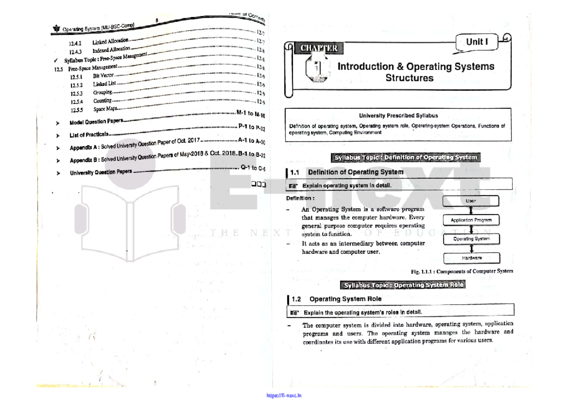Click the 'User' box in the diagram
tap(470, 201)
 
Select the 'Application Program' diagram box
tap(471, 220)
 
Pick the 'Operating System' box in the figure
tap(471, 239)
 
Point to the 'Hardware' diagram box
tap(471, 258)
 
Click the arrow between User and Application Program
tap(471, 210)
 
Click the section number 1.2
tap(297, 299)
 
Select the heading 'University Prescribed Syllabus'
tap(398, 115)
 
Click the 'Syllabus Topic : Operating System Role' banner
tap(403, 285)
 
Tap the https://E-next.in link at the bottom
tap(284, 396)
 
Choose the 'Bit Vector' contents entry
tap(103, 75)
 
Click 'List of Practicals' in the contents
tap(89, 135)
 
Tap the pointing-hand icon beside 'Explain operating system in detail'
tap(294, 185)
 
